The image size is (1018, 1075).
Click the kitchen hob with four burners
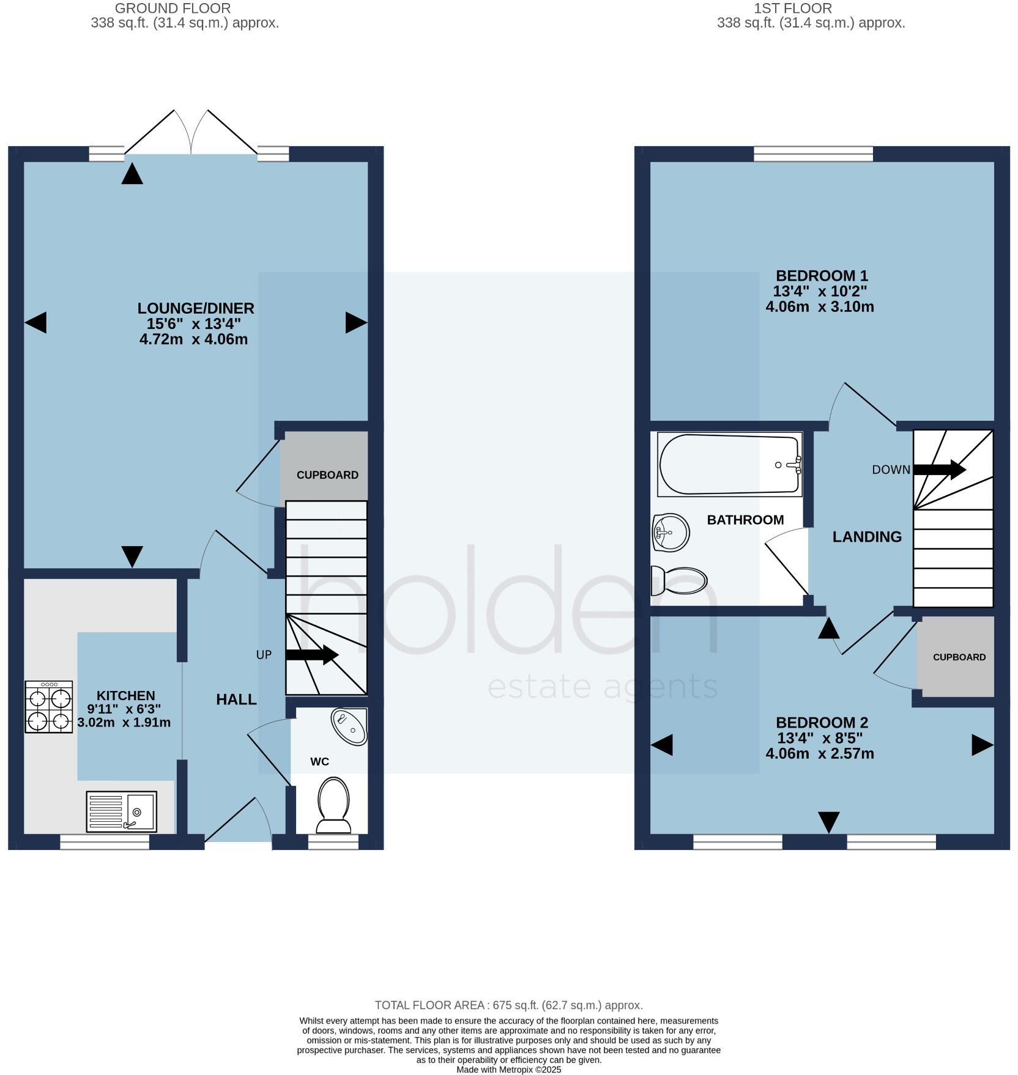tap(49, 706)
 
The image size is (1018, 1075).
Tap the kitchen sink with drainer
tap(121, 811)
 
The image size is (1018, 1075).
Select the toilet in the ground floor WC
tap(333, 804)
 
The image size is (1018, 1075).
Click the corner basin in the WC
tap(350, 726)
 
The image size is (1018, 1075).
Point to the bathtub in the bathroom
tap(729, 464)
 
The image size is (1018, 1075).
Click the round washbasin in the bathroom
tap(671, 532)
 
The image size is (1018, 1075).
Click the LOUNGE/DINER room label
tap(195, 308)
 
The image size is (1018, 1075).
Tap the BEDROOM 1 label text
tap(822, 275)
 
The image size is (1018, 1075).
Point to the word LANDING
tap(867, 536)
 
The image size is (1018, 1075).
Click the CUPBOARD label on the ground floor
tap(327, 475)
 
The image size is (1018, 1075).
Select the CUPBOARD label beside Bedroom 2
tap(959, 657)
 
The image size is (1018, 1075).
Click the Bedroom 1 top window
tap(813, 153)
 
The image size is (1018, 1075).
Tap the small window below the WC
tap(333, 842)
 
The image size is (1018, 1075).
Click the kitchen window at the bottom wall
tap(105, 842)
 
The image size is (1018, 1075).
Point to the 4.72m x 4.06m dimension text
tap(193, 339)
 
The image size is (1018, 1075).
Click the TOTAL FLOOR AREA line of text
tap(508, 1005)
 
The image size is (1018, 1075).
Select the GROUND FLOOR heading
tap(173, 9)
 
